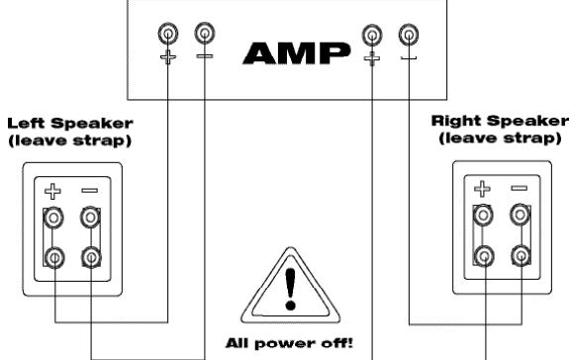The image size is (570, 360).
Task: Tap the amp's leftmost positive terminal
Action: point(169,35)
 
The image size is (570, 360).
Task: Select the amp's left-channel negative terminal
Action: point(204,35)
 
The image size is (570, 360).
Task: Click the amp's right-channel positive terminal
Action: point(372,35)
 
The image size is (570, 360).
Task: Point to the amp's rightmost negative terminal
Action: point(407,35)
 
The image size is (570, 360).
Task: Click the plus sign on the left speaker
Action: point(55,189)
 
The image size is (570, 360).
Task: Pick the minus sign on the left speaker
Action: point(89,188)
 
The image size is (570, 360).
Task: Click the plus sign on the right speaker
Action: point(483,188)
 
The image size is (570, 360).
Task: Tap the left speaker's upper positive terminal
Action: point(55,217)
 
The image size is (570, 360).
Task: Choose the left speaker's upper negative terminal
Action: point(90,217)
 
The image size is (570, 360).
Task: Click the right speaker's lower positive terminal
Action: point(483,255)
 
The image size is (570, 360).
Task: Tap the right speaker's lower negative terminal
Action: point(518,255)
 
